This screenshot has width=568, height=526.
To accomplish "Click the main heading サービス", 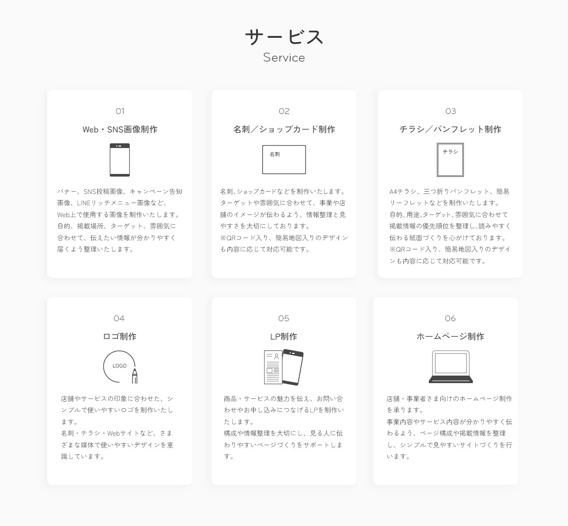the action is click(284, 37).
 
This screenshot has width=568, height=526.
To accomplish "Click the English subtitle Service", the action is click(284, 57).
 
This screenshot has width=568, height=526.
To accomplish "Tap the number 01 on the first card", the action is click(120, 111).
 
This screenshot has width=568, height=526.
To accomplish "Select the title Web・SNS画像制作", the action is click(120, 130).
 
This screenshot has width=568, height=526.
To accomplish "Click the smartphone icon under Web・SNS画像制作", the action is click(120, 160).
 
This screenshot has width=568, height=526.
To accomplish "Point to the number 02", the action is click(284, 111).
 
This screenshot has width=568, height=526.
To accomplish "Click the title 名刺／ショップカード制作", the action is click(284, 130).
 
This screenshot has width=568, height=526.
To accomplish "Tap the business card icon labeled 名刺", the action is click(284, 159).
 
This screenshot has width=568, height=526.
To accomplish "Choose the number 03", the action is click(451, 111).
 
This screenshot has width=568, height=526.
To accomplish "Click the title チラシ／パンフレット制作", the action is click(451, 130).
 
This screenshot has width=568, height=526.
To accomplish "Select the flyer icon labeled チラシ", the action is click(451, 160).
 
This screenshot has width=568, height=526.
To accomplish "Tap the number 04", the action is click(119, 318).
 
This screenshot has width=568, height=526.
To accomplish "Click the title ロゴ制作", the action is click(120, 336).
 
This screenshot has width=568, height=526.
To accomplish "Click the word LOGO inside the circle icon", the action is click(119, 366).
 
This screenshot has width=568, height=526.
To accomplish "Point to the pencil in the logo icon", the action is click(135, 376).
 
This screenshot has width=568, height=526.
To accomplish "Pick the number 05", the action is click(284, 318).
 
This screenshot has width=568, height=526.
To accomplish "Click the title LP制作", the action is click(284, 336).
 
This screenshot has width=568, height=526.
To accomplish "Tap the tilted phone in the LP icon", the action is click(293, 367).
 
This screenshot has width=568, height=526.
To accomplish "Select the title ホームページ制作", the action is click(451, 336).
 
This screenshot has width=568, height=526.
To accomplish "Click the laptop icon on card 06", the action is click(451, 367).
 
